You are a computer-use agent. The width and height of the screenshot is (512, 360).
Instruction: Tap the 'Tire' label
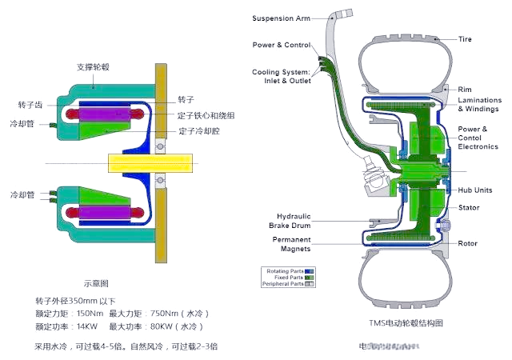pos(464,38)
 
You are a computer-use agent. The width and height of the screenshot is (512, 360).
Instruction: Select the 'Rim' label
pos(464,88)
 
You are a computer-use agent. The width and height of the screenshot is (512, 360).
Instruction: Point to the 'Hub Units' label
pos(474,190)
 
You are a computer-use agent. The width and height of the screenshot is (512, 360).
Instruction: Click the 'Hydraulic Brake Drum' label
pos(292,221)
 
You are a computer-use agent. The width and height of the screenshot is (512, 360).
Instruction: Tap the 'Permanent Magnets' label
pos(291,243)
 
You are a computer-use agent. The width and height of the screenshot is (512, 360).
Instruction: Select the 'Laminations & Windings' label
pos(479,104)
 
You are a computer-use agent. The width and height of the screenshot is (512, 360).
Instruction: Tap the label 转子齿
pos(30,105)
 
